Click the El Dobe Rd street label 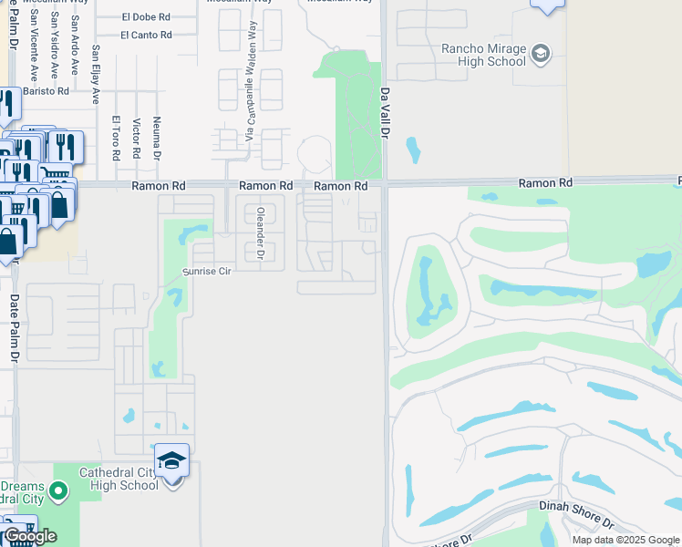click(146, 16)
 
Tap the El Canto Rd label click(146, 35)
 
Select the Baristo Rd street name click(46, 91)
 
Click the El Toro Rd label click(116, 138)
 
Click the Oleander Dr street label click(260, 232)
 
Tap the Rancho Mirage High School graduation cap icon click(541, 53)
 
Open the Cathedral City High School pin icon click(170, 461)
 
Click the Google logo click(29, 536)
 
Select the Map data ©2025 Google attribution click(626, 540)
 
